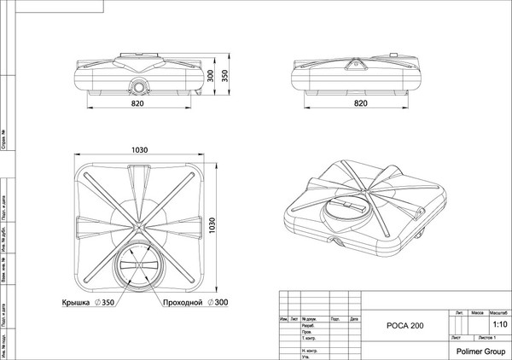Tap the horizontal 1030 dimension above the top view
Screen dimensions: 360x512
coord(140,149)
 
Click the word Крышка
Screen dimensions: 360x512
coord(77,304)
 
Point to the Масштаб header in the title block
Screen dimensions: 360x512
coord(498,314)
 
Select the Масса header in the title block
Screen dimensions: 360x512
coord(478,314)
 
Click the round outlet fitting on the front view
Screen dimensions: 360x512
coord(139,86)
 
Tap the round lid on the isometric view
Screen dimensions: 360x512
coord(345,210)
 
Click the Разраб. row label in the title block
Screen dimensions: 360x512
coord(310,326)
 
